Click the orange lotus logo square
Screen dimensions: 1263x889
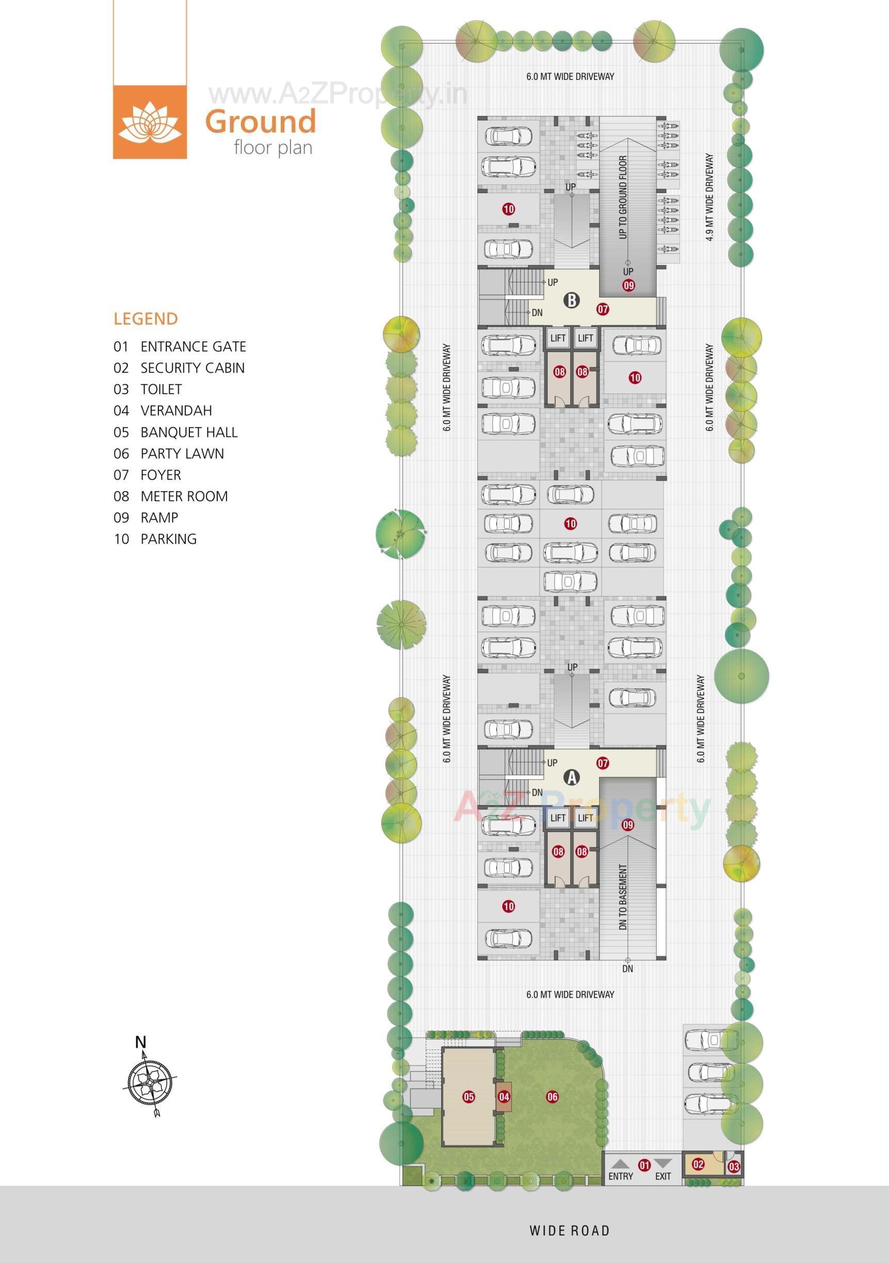pyautogui.click(x=150, y=122)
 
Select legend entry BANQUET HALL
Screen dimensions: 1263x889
pyautogui.click(x=189, y=432)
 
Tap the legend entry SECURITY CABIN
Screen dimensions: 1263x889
pyautogui.click(x=192, y=368)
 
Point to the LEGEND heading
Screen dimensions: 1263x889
pyautogui.click(x=146, y=319)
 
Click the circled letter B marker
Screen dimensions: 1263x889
pyautogui.click(x=572, y=301)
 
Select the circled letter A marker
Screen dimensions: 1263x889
pyautogui.click(x=572, y=777)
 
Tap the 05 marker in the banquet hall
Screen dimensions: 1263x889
pyautogui.click(x=468, y=1097)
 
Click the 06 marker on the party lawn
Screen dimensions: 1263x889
pyautogui.click(x=552, y=1097)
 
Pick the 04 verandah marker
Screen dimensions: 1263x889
pyautogui.click(x=504, y=1097)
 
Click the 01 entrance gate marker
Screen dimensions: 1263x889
pyautogui.click(x=643, y=1165)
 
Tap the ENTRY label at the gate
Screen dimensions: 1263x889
pyautogui.click(x=621, y=1177)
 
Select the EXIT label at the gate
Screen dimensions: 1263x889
pyautogui.click(x=663, y=1177)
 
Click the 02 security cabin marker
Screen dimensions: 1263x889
pyautogui.click(x=698, y=1164)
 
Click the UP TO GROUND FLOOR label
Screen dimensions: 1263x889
pyautogui.click(x=623, y=197)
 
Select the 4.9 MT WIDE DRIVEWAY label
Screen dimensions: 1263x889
pyautogui.click(x=709, y=197)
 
